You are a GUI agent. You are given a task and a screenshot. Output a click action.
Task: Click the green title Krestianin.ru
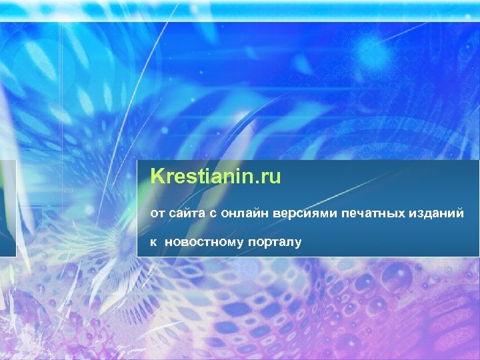[x=216, y=177]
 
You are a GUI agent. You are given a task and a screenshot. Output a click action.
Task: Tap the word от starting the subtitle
[x=157, y=213]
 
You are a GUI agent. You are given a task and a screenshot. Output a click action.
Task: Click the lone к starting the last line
[x=153, y=241]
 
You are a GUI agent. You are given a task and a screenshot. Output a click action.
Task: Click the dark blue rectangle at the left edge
[x=7, y=208]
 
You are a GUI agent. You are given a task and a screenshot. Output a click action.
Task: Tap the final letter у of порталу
[x=298, y=242]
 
